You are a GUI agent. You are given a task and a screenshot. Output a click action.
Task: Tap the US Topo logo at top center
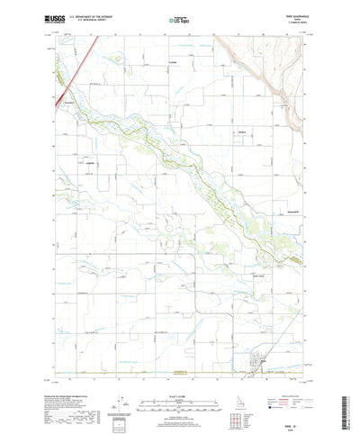point(180,16)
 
